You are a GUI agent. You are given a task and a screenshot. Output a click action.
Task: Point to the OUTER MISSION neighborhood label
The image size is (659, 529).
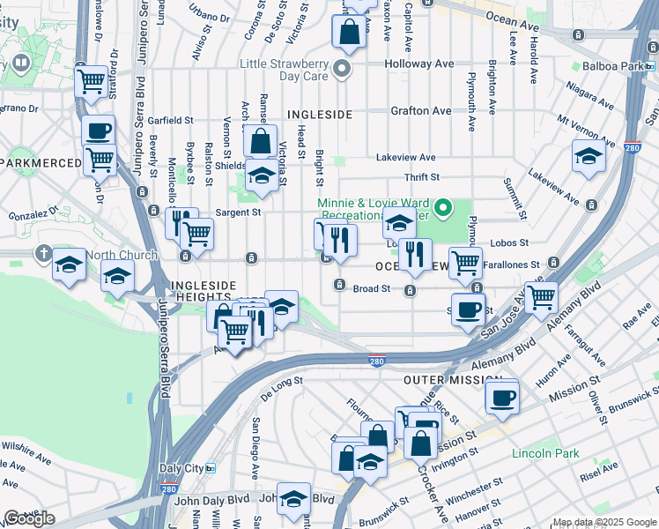click(452, 379)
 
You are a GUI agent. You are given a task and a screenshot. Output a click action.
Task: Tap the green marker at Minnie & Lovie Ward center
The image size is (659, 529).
click(445, 208)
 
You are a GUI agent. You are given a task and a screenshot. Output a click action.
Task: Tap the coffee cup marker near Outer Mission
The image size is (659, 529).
click(503, 396)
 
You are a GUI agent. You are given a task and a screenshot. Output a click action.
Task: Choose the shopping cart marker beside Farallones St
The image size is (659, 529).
click(465, 261)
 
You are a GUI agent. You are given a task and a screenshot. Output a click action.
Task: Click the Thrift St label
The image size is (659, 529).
click(421, 178)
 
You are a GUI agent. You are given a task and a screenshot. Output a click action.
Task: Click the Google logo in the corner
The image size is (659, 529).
click(29, 518)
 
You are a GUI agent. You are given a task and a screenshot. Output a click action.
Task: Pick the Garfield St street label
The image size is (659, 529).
click(170, 120)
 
